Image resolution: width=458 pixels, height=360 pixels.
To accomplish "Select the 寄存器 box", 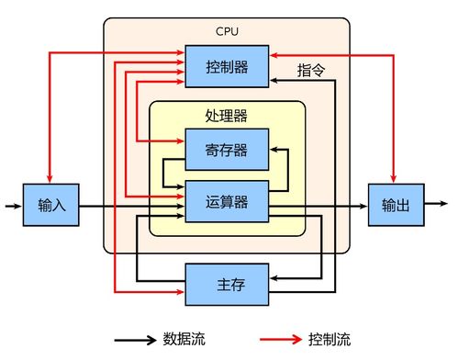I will [x=227, y=149].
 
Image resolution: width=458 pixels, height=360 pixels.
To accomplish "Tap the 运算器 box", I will [x=227, y=201].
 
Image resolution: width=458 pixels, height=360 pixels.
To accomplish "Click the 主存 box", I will [x=227, y=283].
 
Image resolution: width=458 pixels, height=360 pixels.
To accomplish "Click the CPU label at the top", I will [x=227, y=31].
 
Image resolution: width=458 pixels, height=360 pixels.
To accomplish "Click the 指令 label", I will [x=313, y=69].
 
